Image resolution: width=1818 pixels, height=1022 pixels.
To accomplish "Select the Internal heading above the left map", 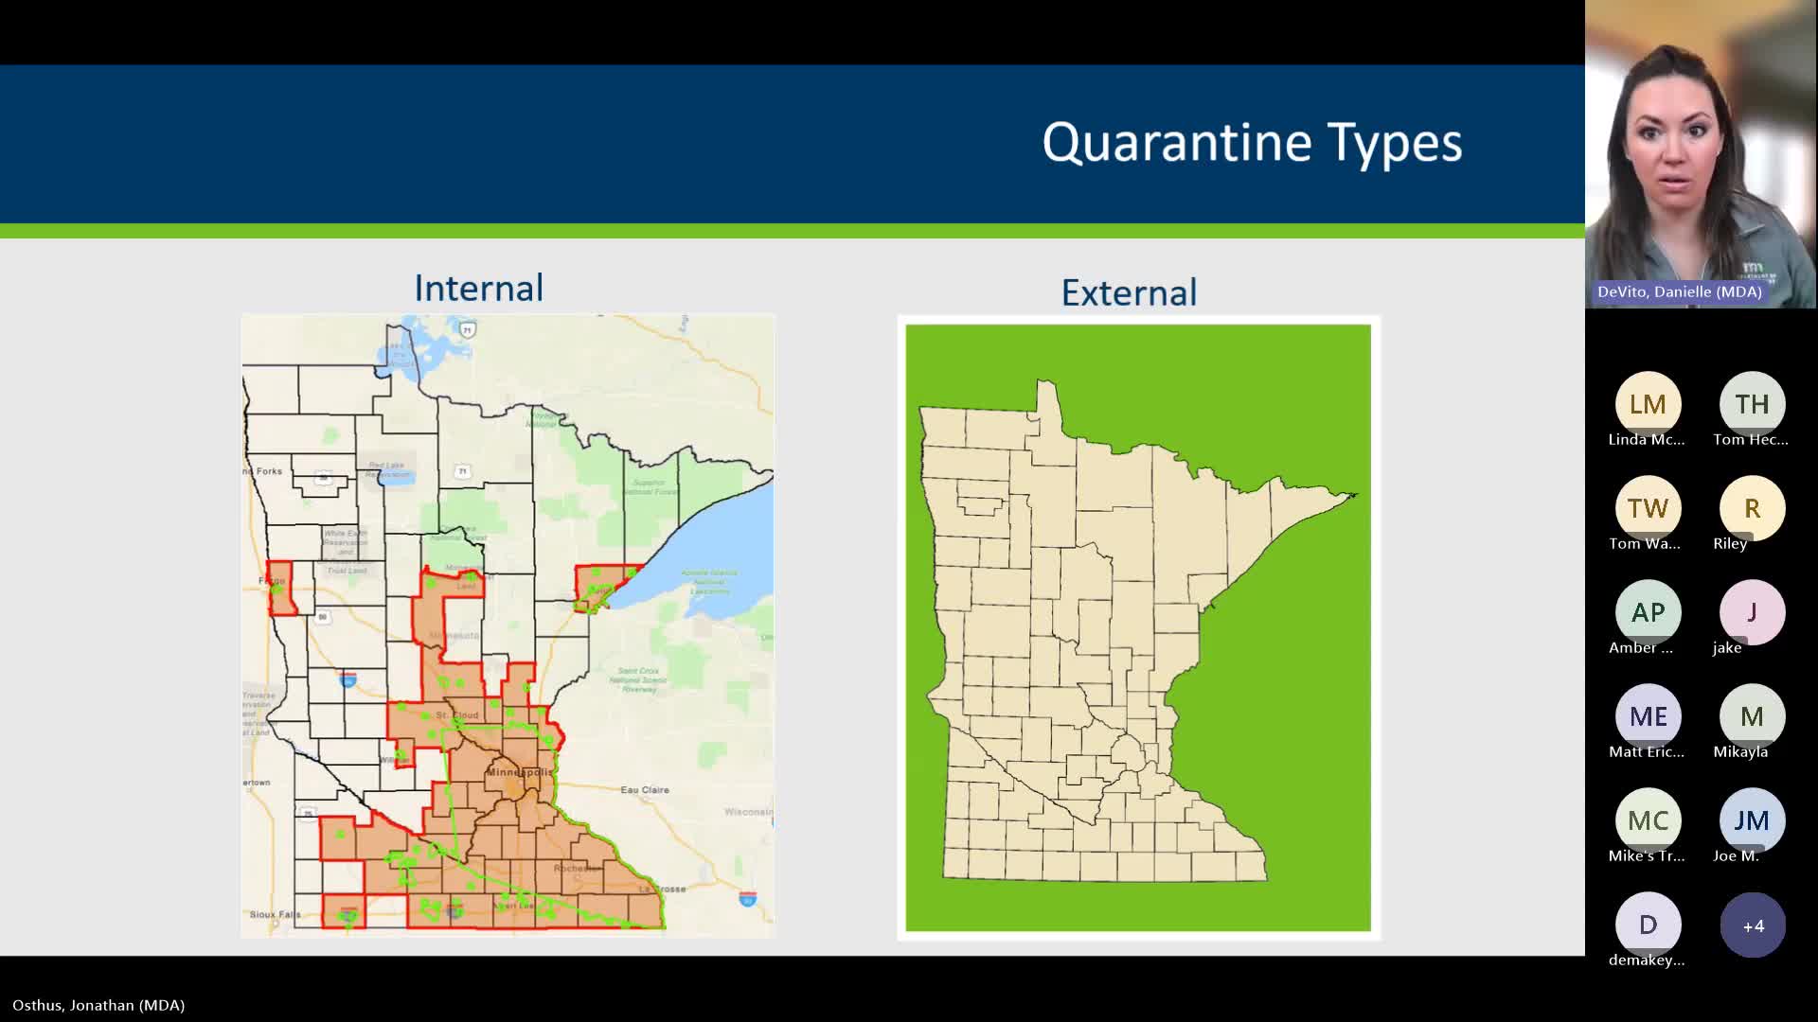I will click(x=478, y=289).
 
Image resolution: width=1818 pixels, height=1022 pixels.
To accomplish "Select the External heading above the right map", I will click(x=1129, y=292).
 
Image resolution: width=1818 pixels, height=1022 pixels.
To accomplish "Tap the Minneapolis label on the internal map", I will click(x=518, y=772).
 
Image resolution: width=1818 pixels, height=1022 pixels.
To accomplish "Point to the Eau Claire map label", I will click(x=645, y=789).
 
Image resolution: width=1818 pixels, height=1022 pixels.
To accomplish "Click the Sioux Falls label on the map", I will click(x=275, y=914).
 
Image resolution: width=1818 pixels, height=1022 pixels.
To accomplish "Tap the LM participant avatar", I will click(x=1648, y=405).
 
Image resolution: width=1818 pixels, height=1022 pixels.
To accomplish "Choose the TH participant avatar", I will click(x=1752, y=405).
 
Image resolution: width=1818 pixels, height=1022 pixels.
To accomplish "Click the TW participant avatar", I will click(x=1648, y=509).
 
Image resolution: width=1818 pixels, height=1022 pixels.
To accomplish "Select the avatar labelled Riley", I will click(x=1752, y=509).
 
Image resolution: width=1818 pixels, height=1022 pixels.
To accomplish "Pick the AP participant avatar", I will click(x=1648, y=613).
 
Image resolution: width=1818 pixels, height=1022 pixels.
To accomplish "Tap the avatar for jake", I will click(x=1752, y=613).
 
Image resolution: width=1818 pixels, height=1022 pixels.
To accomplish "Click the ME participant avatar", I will click(x=1648, y=717).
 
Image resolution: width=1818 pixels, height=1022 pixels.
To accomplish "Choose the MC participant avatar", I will click(x=1648, y=821).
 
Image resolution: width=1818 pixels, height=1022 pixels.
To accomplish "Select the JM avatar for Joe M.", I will click(x=1752, y=821).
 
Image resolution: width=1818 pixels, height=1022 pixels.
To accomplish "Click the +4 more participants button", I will click(x=1753, y=925).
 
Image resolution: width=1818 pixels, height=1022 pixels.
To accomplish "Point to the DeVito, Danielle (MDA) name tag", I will click(x=1680, y=291).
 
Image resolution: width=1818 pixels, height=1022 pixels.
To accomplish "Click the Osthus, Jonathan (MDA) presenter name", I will click(x=98, y=1005).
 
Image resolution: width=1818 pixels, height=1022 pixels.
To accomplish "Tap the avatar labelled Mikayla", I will click(x=1752, y=717).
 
